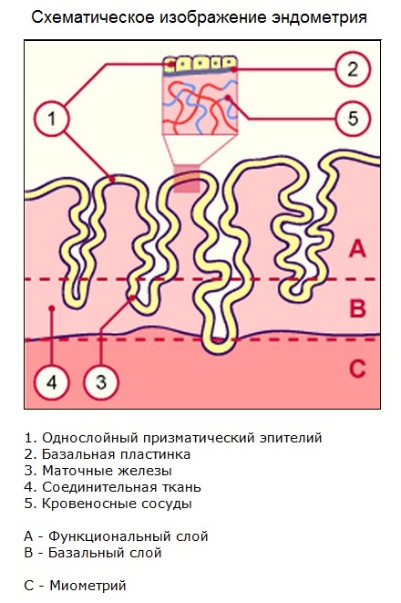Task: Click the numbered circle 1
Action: click(51, 118)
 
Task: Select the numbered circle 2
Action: click(352, 69)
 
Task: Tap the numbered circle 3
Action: click(101, 382)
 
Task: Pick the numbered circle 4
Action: click(51, 382)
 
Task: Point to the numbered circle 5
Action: click(352, 118)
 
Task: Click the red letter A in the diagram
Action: click(357, 248)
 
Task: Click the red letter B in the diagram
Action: click(357, 308)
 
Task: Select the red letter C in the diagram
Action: click(357, 368)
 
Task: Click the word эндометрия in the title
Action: click(319, 17)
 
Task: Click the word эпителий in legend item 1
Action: click(291, 438)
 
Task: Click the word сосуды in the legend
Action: click(167, 504)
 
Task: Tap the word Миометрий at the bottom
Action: click(88, 586)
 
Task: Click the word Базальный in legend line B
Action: click(80, 553)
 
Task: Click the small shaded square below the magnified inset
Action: click(187, 178)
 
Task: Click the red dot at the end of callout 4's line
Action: click(51, 307)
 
